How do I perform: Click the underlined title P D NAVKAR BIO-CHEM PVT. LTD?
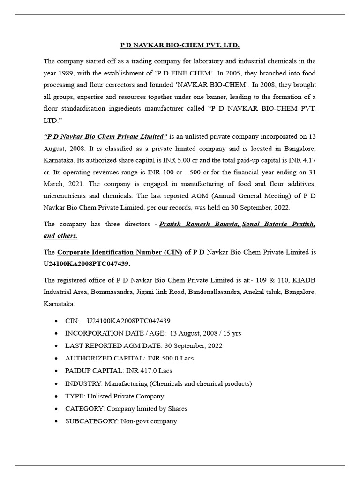tap(180, 45)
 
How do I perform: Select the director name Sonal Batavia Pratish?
tap(279, 225)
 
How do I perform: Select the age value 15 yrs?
tap(232, 333)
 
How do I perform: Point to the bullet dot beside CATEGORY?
tap(56, 409)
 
